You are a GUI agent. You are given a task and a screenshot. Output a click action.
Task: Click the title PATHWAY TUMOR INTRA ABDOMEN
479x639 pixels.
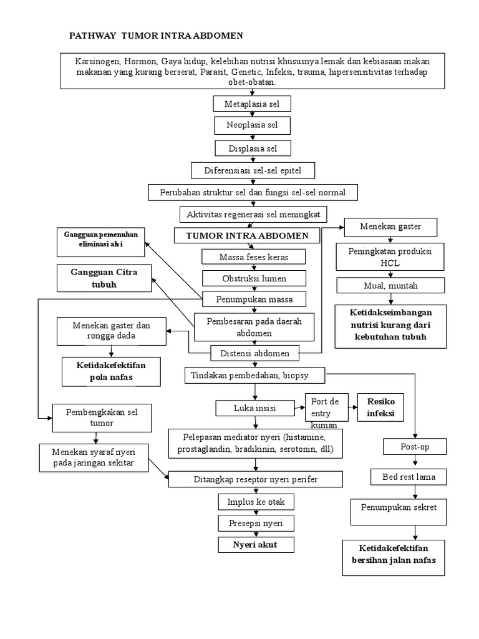click(x=155, y=36)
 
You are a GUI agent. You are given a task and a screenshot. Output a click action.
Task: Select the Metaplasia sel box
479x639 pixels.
click(x=252, y=104)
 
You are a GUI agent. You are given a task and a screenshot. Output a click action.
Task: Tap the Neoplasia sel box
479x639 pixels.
click(x=252, y=125)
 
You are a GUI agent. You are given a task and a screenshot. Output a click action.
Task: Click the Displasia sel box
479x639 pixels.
click(x=252, y=148)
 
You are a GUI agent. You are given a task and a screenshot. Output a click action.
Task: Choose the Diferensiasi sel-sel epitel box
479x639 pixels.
click(x=253, y=170)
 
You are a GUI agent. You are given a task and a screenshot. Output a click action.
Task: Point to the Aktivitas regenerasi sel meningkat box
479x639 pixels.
click(x=253, y=214)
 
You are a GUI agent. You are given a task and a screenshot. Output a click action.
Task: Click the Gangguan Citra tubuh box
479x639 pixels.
click(x=104, y=278)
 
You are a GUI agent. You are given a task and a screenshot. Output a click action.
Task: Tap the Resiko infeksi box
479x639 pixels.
click(x=380, y=406)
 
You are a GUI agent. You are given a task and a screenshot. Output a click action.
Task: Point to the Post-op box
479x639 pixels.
click(x=414, y=447)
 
